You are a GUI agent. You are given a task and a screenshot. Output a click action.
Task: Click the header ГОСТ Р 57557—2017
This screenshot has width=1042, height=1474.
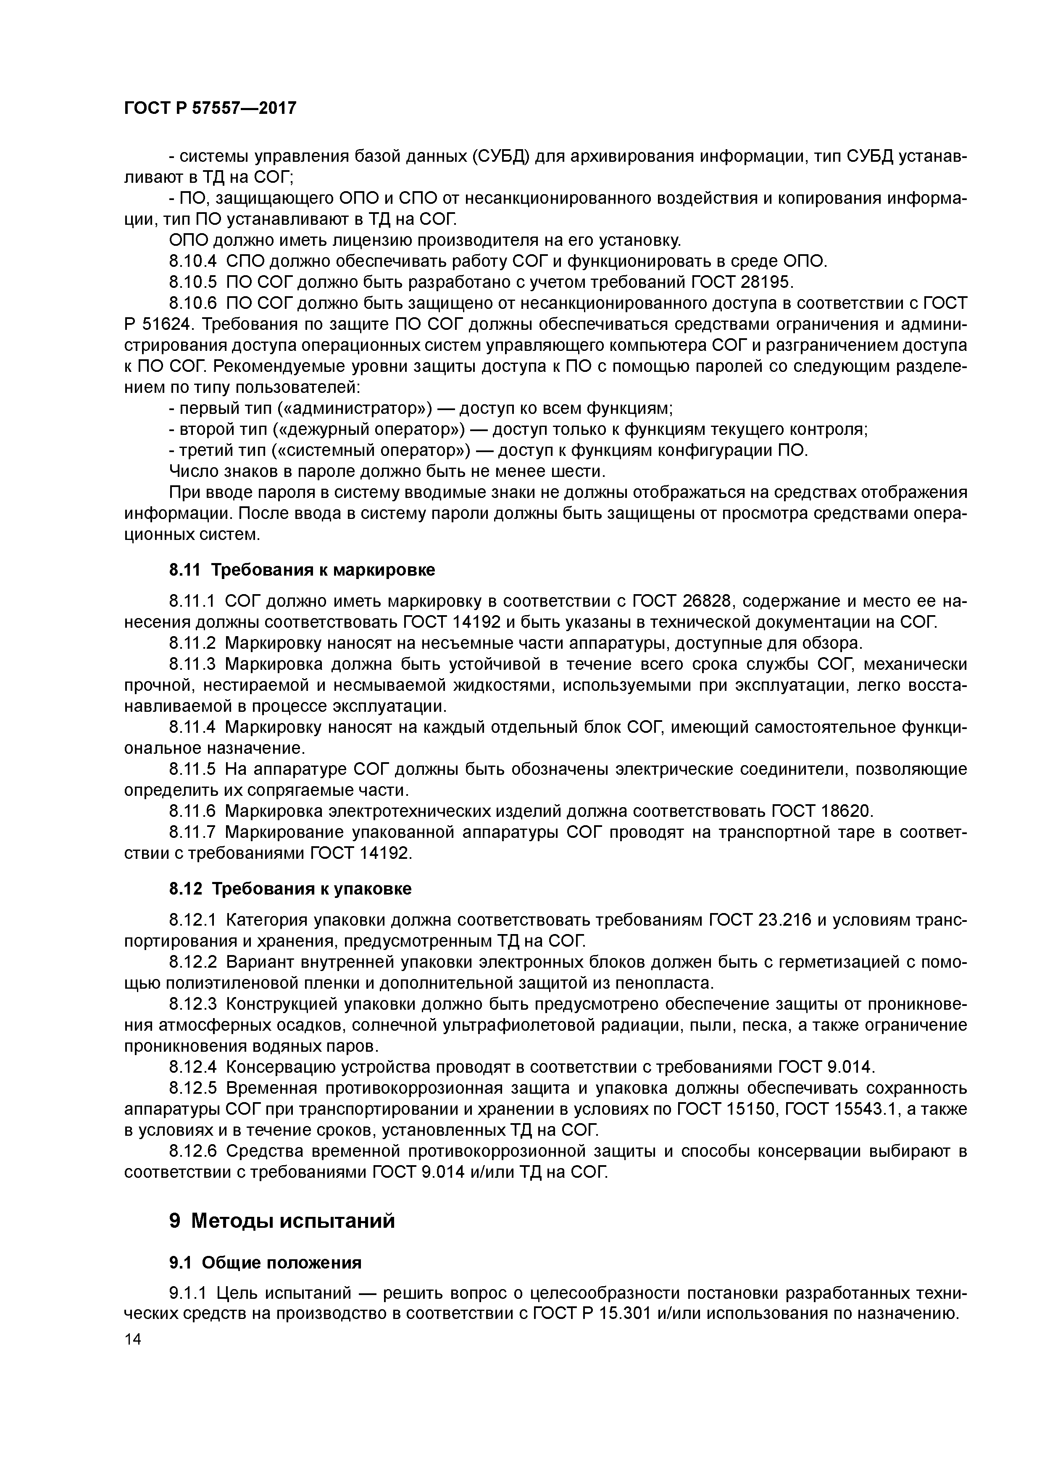(210, 108)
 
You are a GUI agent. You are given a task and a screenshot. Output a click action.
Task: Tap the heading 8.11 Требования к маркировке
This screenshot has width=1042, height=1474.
(302, 569)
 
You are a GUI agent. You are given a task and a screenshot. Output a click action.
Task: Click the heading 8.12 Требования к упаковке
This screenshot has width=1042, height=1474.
(290, 889)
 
